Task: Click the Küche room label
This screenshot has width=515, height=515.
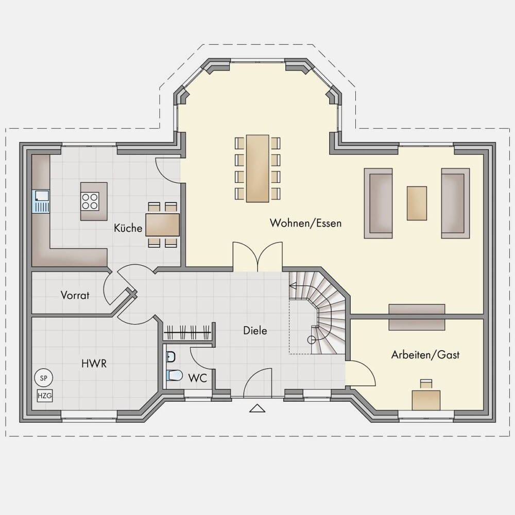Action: pyautogui.click(x=128, y=228)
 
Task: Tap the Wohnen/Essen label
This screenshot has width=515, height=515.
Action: pyautogui.click(x=305, y=222)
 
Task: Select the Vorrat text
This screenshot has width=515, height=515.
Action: pyautogui.click(x=75, y=295)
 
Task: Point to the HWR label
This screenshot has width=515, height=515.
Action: pyautogui.click(x=94, y=364)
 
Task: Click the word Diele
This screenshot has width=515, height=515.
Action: pyautogui.click(x=255, y=331)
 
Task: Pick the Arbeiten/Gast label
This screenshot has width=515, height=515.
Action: pyautogui.click(x=425, y=355)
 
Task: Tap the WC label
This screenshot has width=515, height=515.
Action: pyautogui.click(x=197, y=378)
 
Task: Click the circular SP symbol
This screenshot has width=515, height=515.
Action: pyautogui.click(x=43, y=378)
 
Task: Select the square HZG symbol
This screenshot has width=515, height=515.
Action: pyautogui.click(x=45, y=396)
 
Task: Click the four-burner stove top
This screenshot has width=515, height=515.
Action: pyautogui.click(x=90, y=201)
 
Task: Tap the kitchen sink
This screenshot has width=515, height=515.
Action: pyautogui.click(x=40, y=201)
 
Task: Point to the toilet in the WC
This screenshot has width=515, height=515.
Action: pyautogui.click(x=174, y=375)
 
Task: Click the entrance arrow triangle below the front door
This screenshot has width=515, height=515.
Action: pyautogui.click(x=257, y=408)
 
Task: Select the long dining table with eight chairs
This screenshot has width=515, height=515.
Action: pyautogui.click(x=257, y=168)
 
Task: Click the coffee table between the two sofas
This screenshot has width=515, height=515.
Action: pyautogui.click(x=417, y=203)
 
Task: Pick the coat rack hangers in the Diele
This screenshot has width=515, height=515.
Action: pyautogui.click(x=187, y=332)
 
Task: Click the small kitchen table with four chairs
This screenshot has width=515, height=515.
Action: pyautogui.click(x=163, y=225)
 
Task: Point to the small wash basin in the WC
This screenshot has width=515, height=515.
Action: pyautogui.click(x=171, y=357)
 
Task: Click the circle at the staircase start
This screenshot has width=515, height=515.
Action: pyautogui.click(x=311, y=340)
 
